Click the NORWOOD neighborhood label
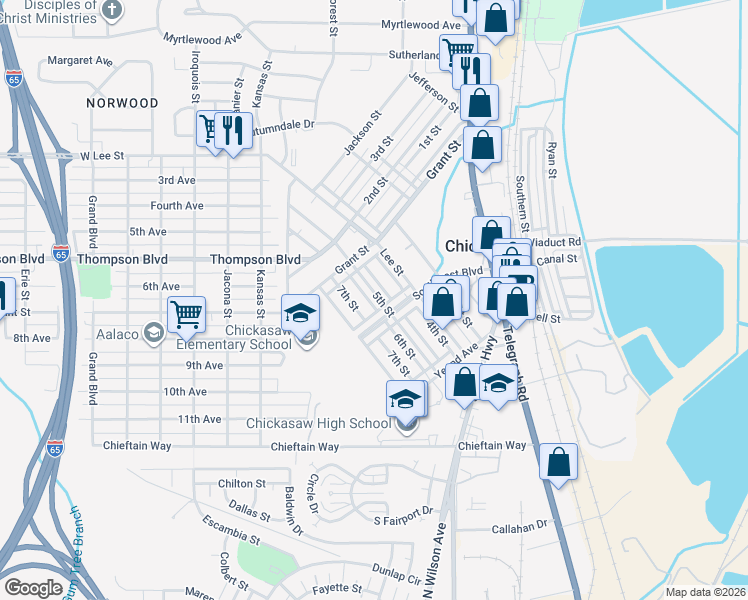point(122,103)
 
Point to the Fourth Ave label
point(176,205)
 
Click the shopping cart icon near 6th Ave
point(187,314)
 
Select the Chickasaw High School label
point(319,423)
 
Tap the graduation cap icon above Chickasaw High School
point(406,399)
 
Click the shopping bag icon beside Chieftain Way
point(559,462)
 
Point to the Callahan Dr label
point(520,524)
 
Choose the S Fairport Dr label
point(404,521)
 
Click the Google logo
point(33,587)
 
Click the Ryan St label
point(551,159)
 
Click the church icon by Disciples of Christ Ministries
point(112,10)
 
